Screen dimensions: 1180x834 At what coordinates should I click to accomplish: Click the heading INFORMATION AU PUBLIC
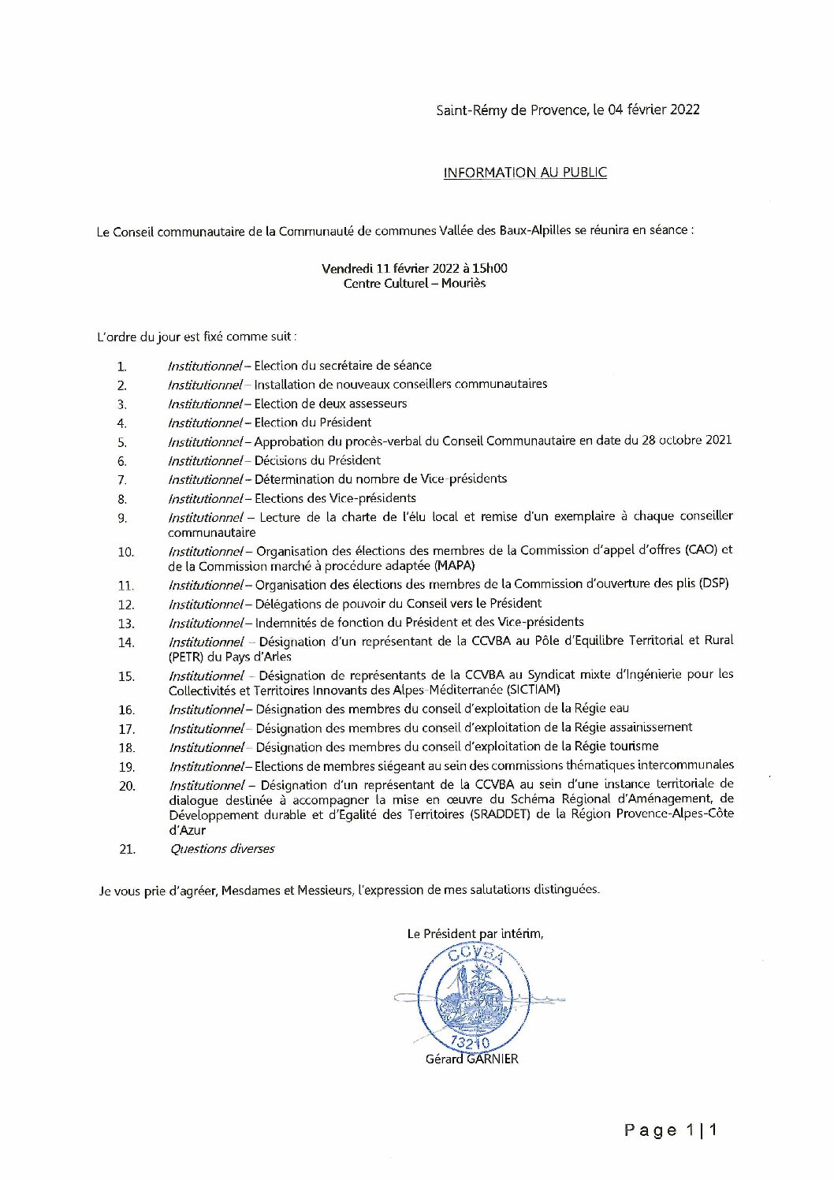[x=525, y=173]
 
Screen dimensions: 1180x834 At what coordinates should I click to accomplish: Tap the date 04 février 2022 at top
[x=653, y=110]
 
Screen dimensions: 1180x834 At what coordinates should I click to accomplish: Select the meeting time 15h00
[x=490, y=268]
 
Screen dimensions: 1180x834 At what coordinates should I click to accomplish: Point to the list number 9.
[x=122, y=518]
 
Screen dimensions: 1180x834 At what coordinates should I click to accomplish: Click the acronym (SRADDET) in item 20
[x=501, y=815]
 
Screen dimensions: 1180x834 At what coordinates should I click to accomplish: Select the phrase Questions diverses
[x=222, y=849]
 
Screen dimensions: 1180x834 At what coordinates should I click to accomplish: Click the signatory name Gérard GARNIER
[x=472, y=1059]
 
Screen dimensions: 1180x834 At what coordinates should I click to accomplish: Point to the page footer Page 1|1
[x=670, y=1130]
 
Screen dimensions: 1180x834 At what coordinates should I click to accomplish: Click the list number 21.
[x=127, y=850]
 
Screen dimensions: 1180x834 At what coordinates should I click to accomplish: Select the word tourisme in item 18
[x=634, y=746]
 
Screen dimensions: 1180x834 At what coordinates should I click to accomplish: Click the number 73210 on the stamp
[x=471, y=1043]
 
